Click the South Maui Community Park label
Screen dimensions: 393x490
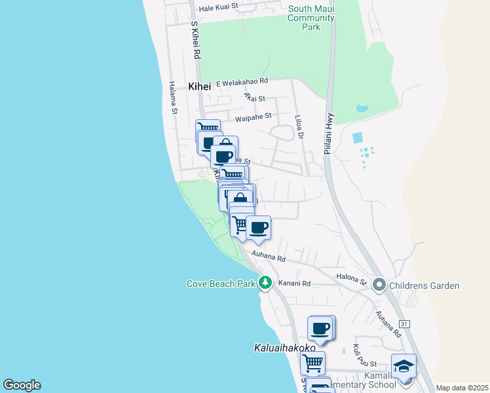click(x=311, y=18)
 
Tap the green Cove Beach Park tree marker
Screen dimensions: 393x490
click(x=265, y=283)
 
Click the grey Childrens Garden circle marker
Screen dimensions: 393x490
click(x=379, y=285)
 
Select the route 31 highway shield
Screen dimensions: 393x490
click(x=404, y=325)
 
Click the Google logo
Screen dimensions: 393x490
click(x=22, y=385)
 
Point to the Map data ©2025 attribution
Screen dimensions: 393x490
click(x=462, y=388)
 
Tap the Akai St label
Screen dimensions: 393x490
click(x=254, y=98)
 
